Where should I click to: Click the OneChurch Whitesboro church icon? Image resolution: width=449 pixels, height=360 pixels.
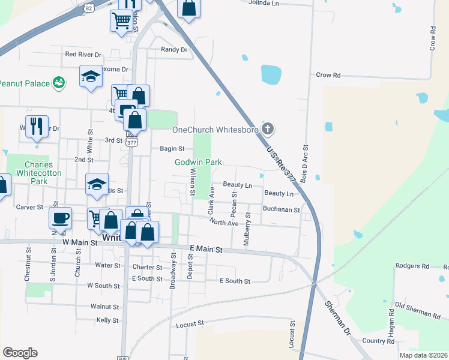click(x=268, y=129)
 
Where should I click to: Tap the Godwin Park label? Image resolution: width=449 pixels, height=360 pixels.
click(x=198, y=162)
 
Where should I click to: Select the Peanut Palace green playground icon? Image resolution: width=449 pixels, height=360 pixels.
click(x=59, y=83)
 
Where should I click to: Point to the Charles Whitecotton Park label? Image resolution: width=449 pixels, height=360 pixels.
click(x=39, y=173)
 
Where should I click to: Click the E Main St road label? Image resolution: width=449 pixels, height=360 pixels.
click(x=206, y=248)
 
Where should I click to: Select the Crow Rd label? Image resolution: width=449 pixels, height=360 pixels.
click(x=328, y=75)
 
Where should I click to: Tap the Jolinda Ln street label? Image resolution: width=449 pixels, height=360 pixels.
click(x=264, y=2)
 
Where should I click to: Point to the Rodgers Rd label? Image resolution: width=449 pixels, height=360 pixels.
click(x=413, y=266)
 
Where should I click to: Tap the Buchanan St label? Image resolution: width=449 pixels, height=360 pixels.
click(x=281, y=209)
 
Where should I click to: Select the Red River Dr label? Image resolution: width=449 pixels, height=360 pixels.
click(x=83, y=54)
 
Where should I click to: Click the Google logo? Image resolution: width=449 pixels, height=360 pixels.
click(x=20, y=353)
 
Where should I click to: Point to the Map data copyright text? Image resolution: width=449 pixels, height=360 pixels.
click(x=423, y=355)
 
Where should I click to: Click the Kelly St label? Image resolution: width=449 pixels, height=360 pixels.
click(x=107, y=320)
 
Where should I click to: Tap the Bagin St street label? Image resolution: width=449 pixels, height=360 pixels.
click(x=172, y=149)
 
